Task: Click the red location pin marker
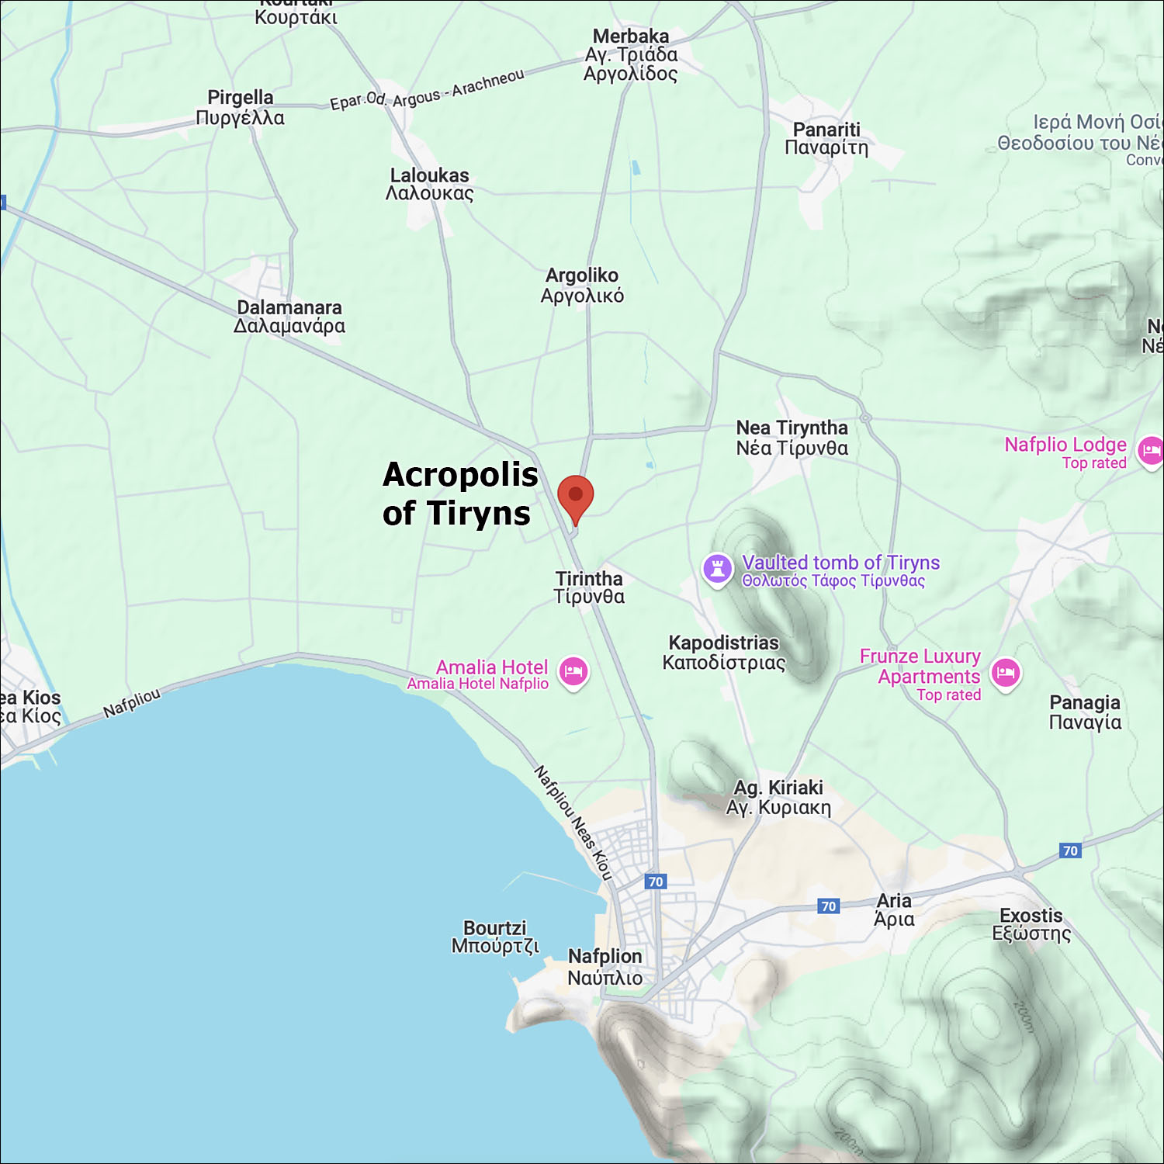(575, 497)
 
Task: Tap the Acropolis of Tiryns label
(459, 494)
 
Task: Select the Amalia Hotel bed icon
(573, 672)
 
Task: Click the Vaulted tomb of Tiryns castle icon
(717, 569)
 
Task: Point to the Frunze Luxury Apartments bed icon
(1006, 673)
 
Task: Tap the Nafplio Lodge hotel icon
(1150, 451)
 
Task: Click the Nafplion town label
(605, 967)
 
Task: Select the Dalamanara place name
(289, 317)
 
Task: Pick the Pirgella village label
(240, 107)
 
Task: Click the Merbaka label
(630, 54)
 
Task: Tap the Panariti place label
(826, 138)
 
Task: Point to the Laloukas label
(429, 184)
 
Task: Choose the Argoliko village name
(582, 285)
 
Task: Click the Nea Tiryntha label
(792, 438)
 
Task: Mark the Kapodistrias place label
(723, 652)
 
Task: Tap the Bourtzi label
(495, 937)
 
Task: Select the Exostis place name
(1031, 924)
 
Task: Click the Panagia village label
(1085, 712)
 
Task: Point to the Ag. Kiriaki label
(778, 797)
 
